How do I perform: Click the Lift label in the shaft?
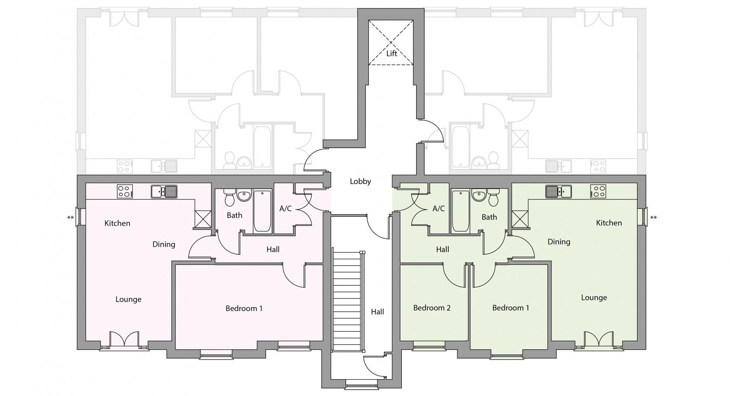(x=391, y=54)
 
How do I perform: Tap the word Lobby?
(x=360, y=181)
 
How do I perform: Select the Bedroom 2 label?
(x=431, y=308)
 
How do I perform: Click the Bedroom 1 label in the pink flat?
(x=244, y=308)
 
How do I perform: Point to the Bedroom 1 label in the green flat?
(x=510, y=308)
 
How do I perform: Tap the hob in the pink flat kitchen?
(x=125, y=191)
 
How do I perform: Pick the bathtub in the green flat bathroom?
(x=460, y=211)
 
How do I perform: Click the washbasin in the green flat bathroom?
(x=479, y=195)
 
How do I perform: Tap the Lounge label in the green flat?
(x=593, y=297)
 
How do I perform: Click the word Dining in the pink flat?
(x=164, y=244)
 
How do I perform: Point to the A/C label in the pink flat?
(x=285, y=209)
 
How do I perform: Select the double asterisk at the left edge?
(x=71, y=218)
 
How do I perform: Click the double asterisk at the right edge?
(x=653, y=218)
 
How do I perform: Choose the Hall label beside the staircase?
(x=377, y=312)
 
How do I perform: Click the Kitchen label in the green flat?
(x=608, y=223)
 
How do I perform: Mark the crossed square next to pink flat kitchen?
(x=203, y=219)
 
